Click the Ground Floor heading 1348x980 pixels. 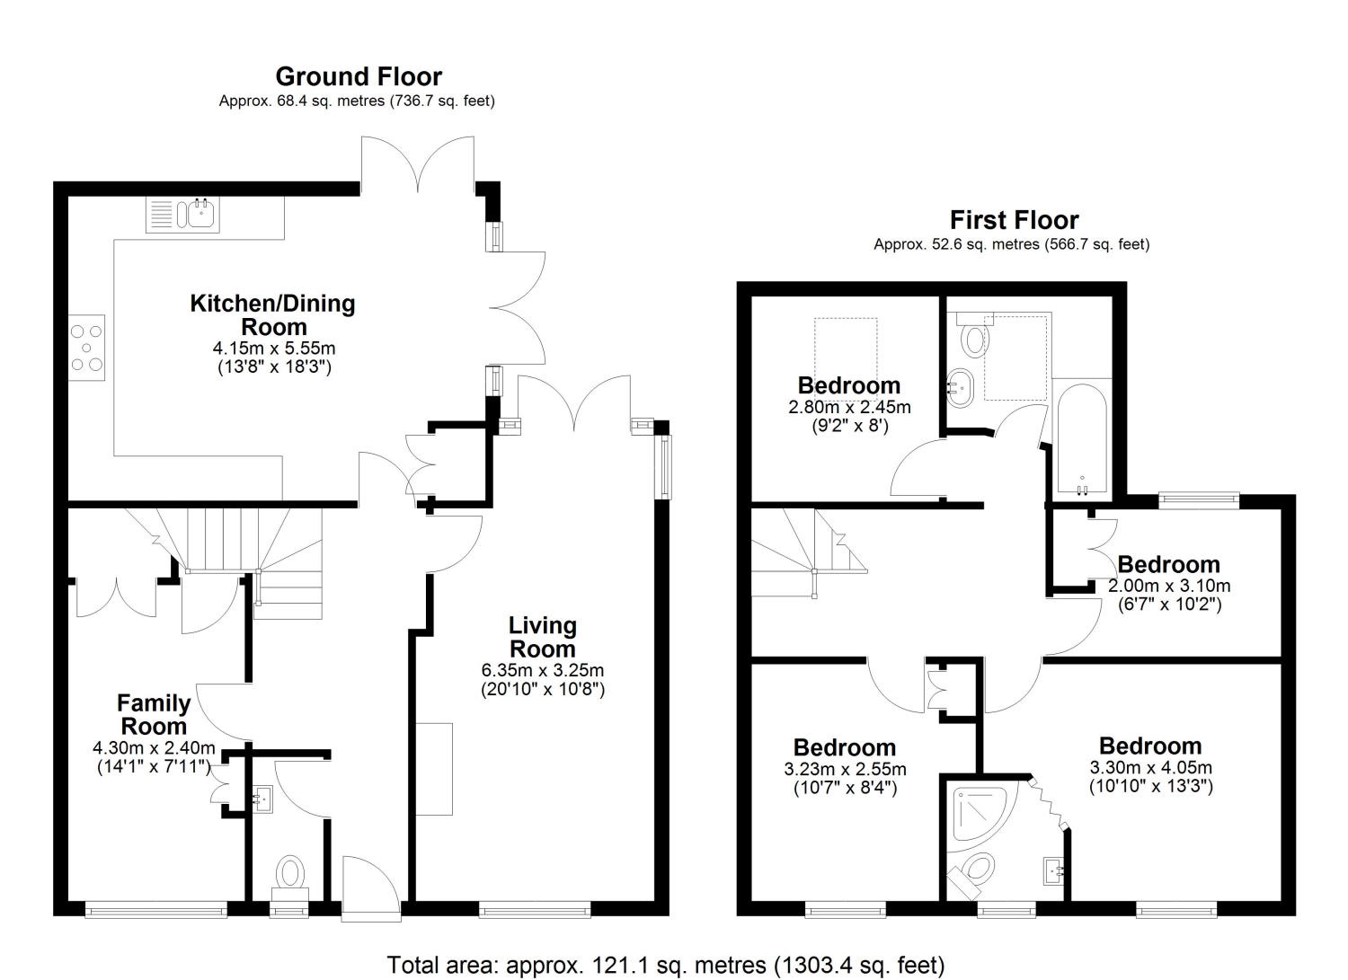pyautogui.click(x=359, y=77)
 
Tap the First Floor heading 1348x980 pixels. pyautogui.click(x=1014, y=220)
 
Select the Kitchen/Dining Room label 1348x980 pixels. pyautogui.click(x=272, y=315)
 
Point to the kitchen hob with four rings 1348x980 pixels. pyautogui.click(x=86, y=348)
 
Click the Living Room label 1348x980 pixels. pyautogui.click(x=543, y=637)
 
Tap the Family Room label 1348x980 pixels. pyautogui.click(x=154, y=715)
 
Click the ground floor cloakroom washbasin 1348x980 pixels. pyautogui.click(x=262, y=799)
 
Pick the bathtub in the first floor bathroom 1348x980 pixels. pyautogui.click(x=1081, y=439)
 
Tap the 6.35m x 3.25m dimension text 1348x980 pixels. pyautogui.click(x=542, y=670)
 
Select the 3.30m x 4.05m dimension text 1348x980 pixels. pyautogui.click(x=1150, y=768)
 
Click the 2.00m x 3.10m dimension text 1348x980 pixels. pyautogui.click(x=1169, y=586)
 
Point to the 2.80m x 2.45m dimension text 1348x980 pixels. pyautogui.click(x=850, y=407)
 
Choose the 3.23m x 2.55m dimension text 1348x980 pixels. pyautogui.click(x=845, y=769)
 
